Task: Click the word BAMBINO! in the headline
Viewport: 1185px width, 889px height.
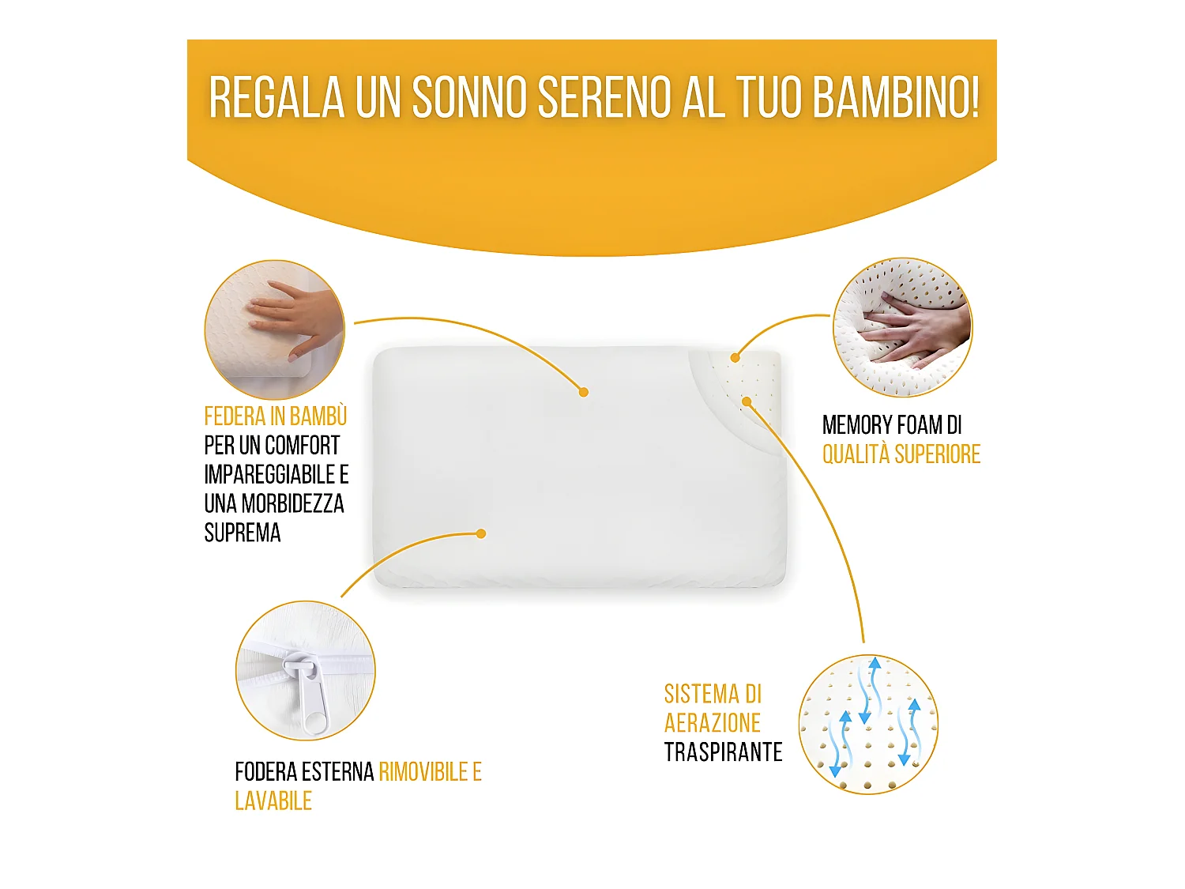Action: click(896, 98)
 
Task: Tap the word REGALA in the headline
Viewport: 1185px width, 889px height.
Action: click(276, 98)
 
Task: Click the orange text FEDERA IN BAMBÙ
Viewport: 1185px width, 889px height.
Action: click(275, 416)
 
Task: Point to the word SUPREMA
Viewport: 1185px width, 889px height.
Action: click(243, 533)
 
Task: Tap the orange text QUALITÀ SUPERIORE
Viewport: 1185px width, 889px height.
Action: click(901, 454)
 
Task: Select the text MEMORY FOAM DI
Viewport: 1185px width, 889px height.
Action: click(892, 425)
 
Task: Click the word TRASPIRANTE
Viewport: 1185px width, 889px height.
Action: click(723, 752)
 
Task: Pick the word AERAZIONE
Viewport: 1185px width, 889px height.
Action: click(712, 723)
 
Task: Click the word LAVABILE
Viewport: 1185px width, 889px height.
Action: click(273, 801)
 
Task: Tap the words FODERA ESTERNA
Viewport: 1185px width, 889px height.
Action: click(304, 772)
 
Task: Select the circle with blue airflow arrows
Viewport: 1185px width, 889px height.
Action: click(868, 724)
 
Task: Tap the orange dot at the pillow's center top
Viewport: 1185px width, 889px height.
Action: click(583, 392)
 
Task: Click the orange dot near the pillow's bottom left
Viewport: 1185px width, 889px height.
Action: click(481, 534)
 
